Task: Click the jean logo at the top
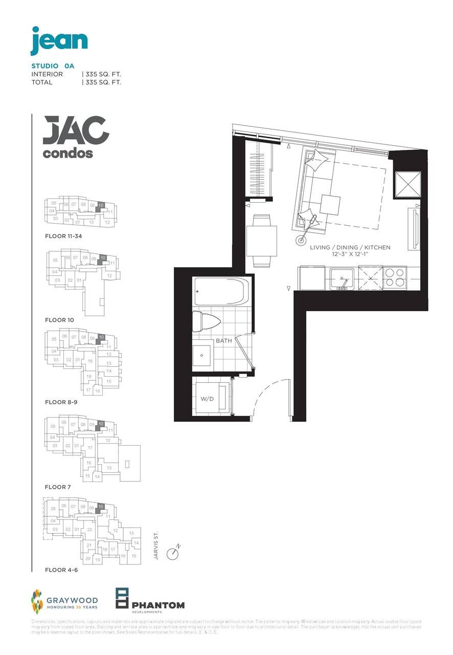pyautogui.click(x=59, y=40)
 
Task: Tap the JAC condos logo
pyautogui.click(x=76, y=137)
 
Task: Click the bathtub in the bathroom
pyautogui.click(x=221, y=292)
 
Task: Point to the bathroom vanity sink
pyautogui.click(x=202, y=355)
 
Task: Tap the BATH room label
pyautogui.click(x=223, y=340)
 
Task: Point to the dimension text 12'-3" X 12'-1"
pyautogui.click(x=350, y=254)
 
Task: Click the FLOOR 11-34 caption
pyautogui.click(x=63, y=236)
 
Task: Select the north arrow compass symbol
pyautogui.click(x=173, y=554)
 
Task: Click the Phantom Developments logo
pyautogui.click(x=150, y=600)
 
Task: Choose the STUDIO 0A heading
pyautogui.click(x=53, y=66)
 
